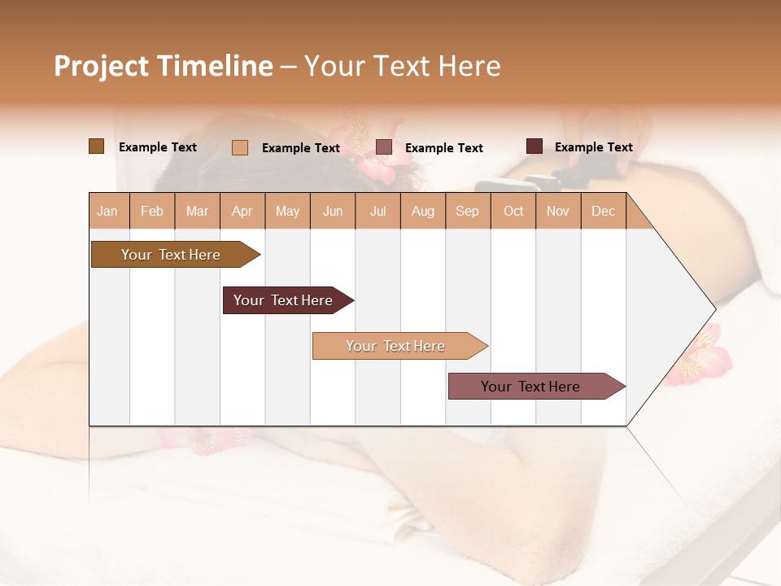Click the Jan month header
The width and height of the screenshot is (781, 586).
point(108,211)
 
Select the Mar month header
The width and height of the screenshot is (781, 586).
point(197,211)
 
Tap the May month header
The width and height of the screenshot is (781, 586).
point(287,211)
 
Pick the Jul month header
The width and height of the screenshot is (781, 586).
point(377,211)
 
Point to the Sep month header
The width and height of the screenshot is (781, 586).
point(467,211)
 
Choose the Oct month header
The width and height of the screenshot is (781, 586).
point(513,211)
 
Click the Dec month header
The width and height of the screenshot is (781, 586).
point(603,211)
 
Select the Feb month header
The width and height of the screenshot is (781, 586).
point(152,211)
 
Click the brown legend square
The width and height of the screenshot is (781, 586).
point(96,146)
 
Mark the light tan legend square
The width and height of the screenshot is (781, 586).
point(240,147)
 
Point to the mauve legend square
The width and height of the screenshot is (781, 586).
point(384,147)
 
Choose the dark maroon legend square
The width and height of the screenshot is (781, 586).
point(534,146)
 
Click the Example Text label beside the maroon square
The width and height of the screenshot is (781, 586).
point(593,147)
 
